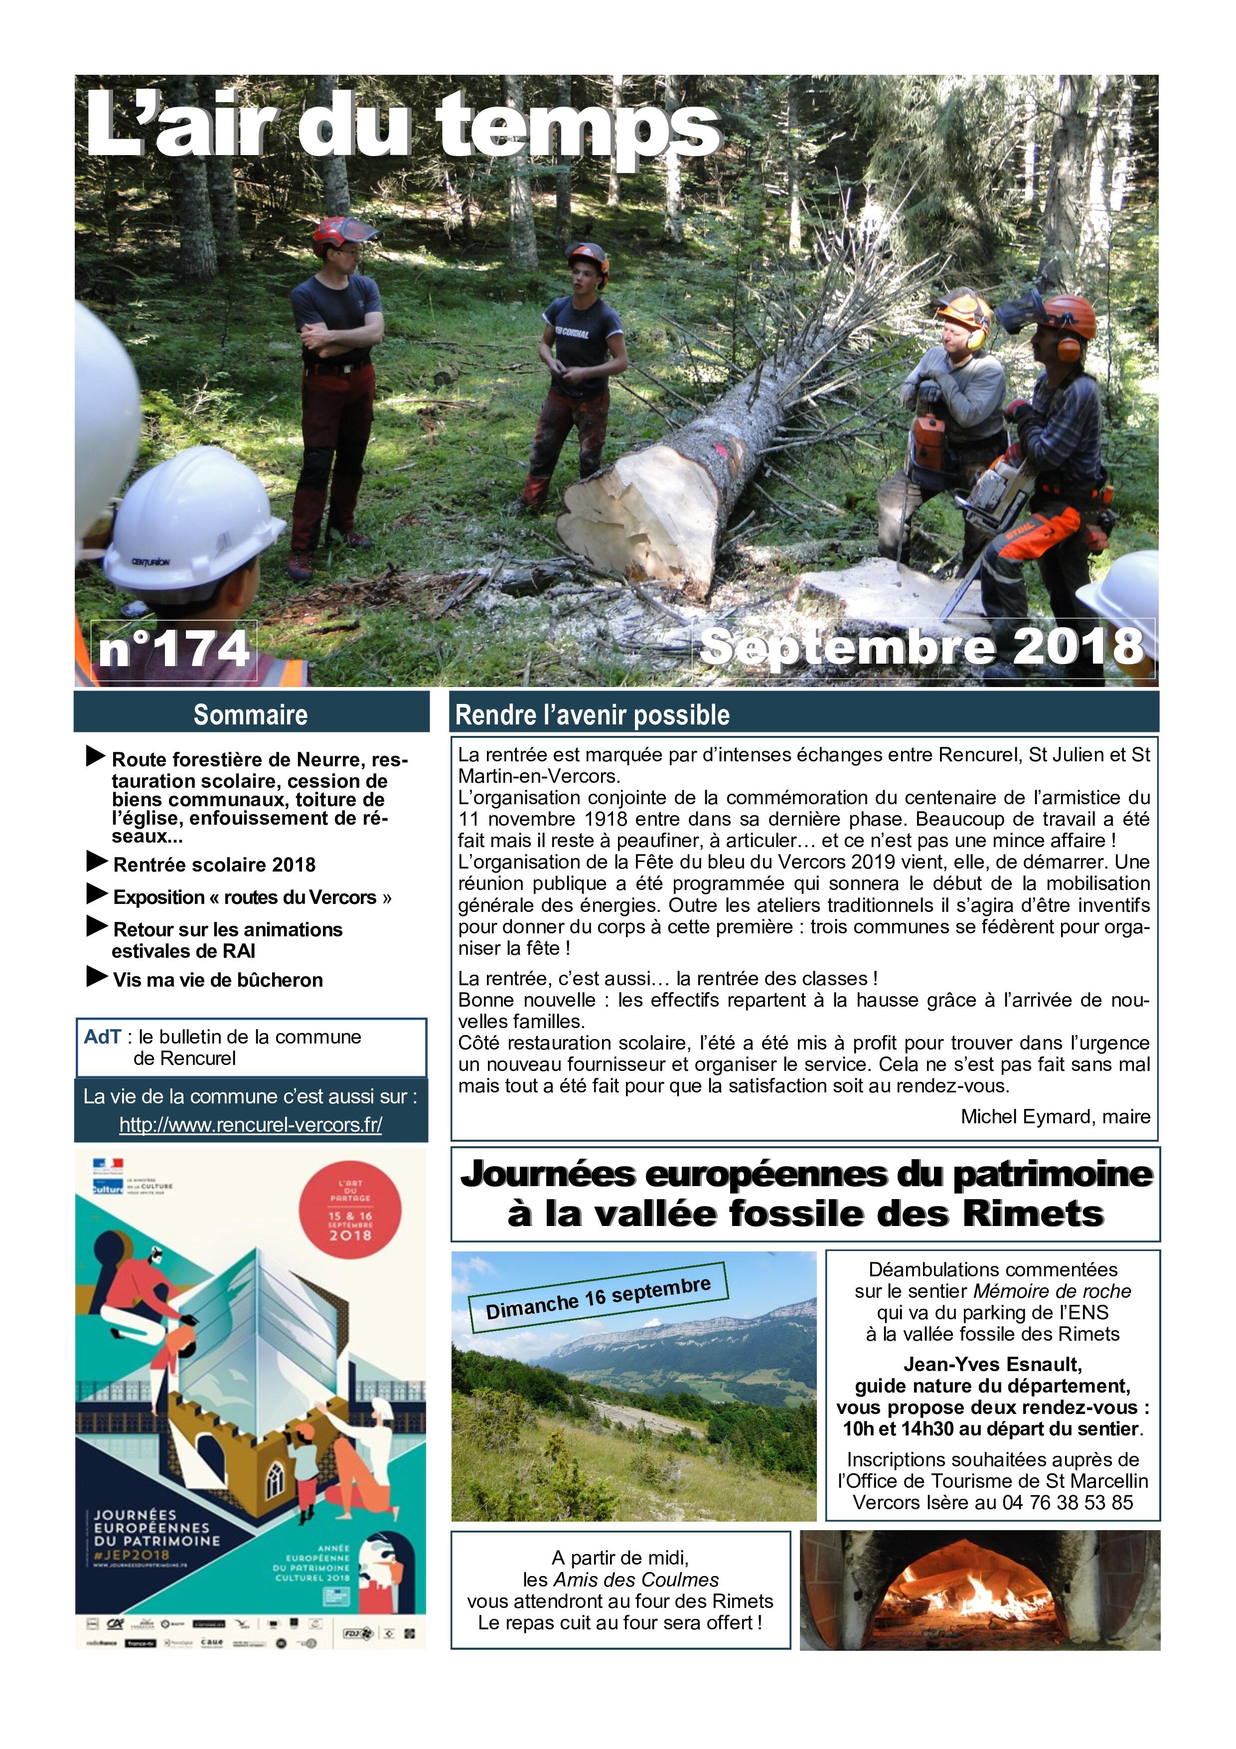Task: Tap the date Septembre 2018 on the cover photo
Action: point(922,648)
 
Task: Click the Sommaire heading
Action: point(251,714)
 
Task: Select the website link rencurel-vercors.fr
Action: point(251,1124)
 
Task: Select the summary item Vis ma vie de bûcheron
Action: point(218,980)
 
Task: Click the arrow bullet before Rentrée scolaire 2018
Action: point(97,862)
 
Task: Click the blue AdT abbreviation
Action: point(103,1037)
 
